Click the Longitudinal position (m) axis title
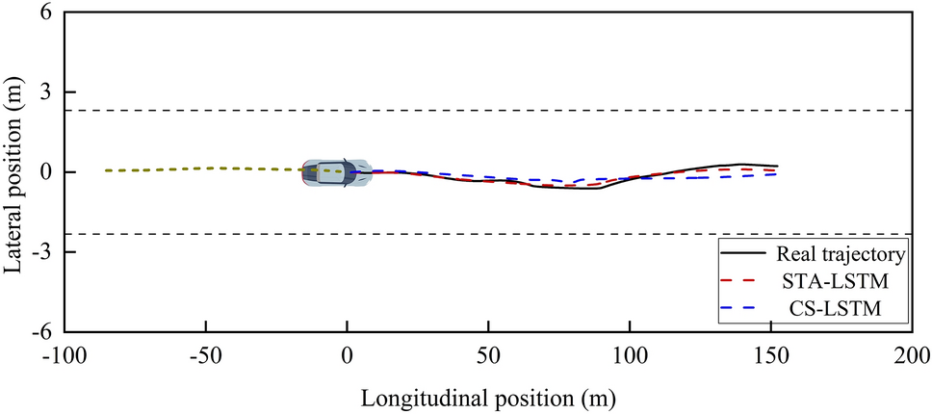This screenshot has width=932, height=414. click(x=488, y=396)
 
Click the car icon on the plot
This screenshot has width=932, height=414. click(x=335, y=173)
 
